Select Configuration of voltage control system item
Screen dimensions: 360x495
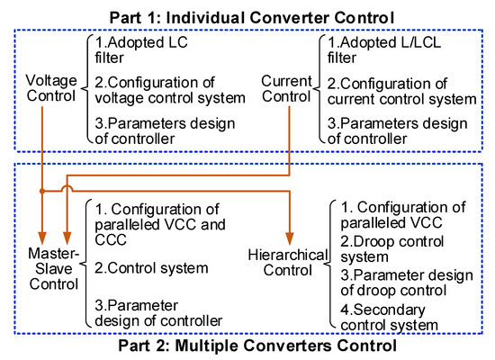pyautogui.click(x=167, y=91)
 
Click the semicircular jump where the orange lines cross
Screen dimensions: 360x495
pyautogui.click(x=67, y=189)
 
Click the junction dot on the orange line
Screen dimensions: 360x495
pyautogui.click(x=42, y=192)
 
